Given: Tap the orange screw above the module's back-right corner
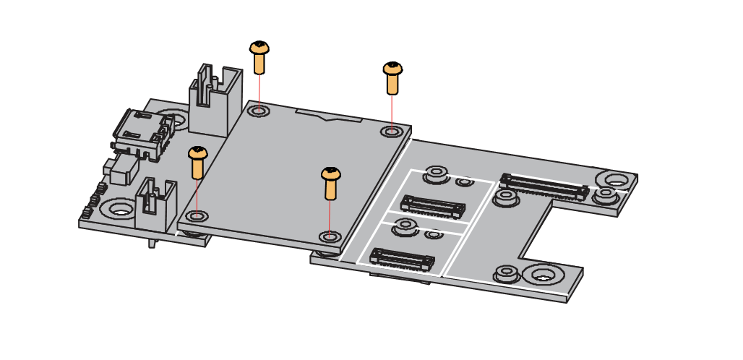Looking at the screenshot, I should click(392, 77).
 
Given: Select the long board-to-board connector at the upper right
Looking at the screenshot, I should click(544, 187).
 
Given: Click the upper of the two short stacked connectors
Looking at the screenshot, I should click(432, 206).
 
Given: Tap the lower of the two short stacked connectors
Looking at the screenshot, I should click(402, 259).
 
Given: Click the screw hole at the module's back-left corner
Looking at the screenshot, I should click(259, 111).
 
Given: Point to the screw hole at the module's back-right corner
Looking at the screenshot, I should click(391, 132).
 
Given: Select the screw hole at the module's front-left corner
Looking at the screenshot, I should click(197, 215).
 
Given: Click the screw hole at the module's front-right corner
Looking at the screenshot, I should click(330, 236).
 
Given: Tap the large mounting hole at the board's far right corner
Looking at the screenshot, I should click(616, 179).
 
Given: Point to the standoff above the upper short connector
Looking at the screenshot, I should click(436, 173).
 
